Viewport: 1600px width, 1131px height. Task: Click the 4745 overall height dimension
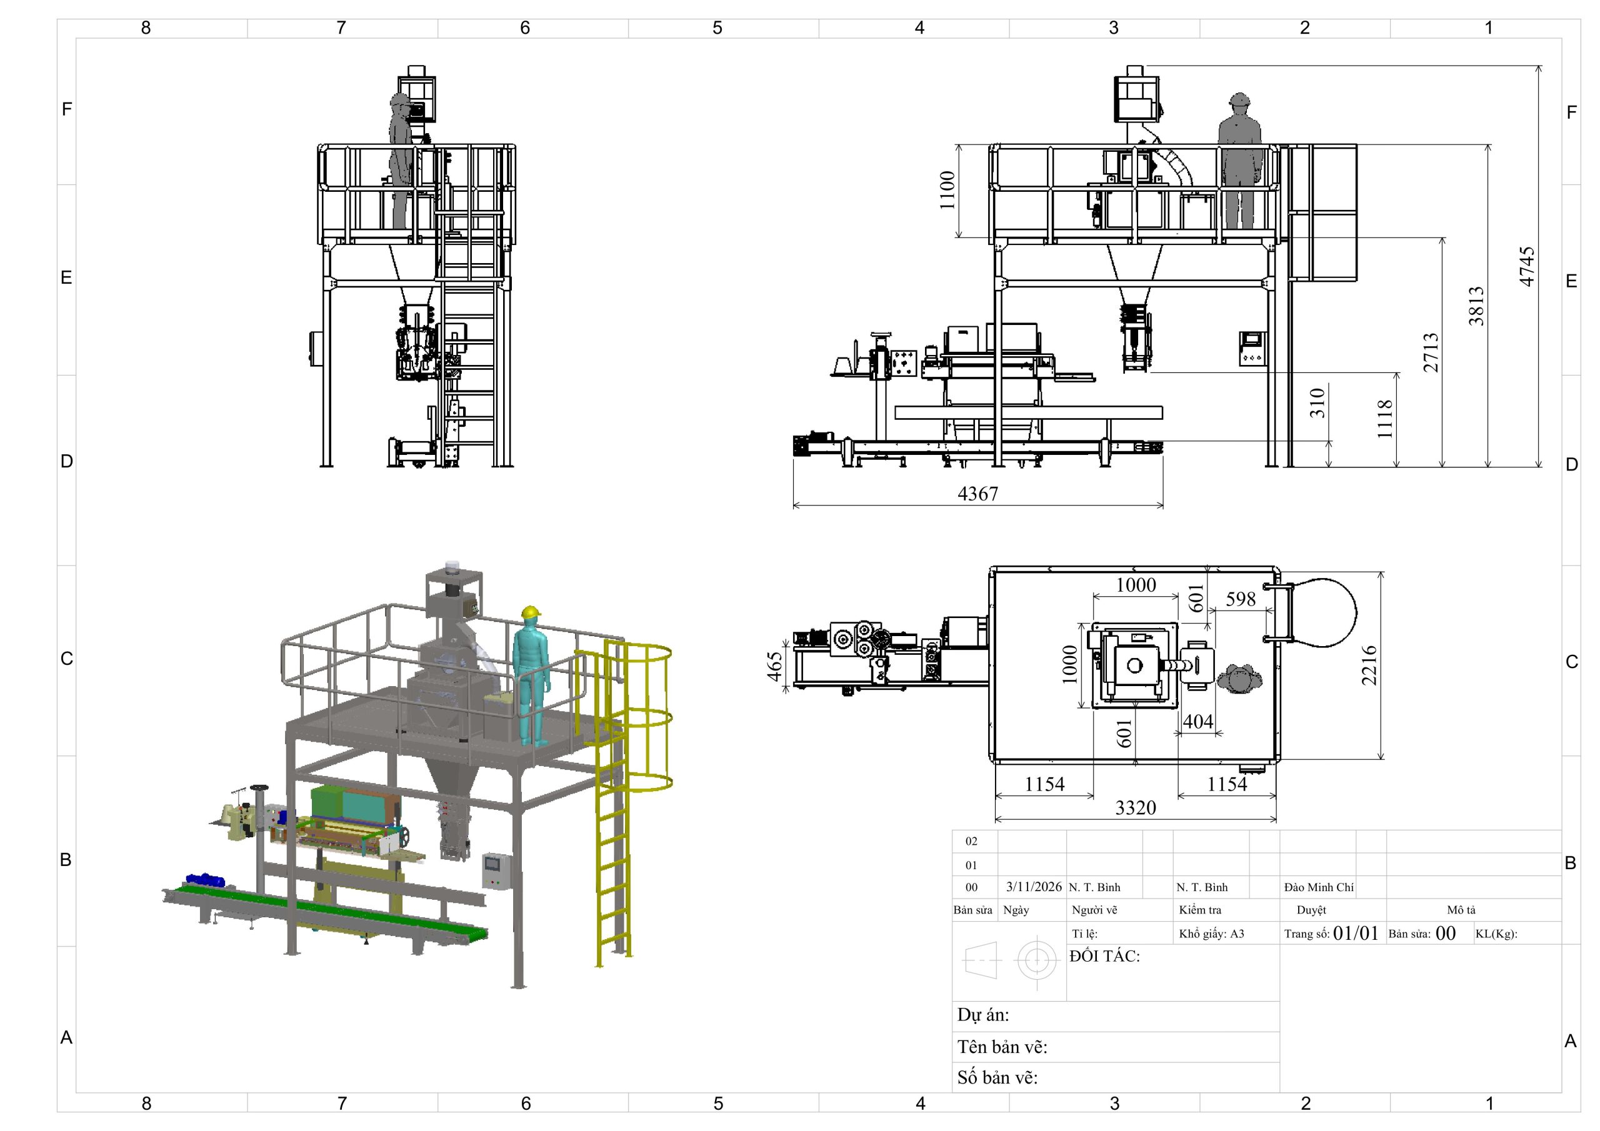click(1526, 266)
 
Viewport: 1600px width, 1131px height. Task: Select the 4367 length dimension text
click(977, 494)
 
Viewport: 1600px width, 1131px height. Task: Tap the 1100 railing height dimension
click(946, 190)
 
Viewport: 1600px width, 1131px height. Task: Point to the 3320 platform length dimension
click(1135, 808)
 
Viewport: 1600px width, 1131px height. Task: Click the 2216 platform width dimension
click(1369, 665)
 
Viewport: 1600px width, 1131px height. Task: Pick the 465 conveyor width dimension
click(775, 667)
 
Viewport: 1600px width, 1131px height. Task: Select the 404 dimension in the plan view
click(1198, 721)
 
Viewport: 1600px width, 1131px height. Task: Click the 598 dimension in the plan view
click(1241, 599)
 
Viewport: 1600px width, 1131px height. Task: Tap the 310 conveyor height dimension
click(1316, 403)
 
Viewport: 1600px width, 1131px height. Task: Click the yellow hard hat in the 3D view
click(532, 612)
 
